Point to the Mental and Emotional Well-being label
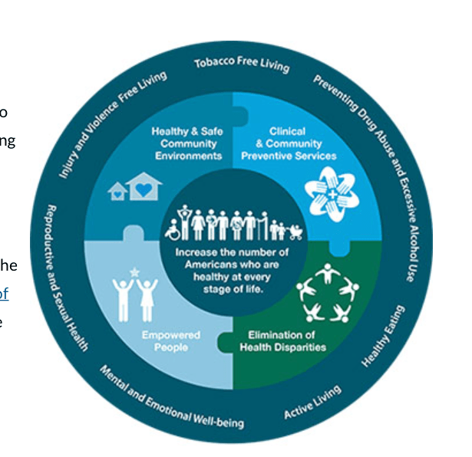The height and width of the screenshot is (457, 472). (171, 396)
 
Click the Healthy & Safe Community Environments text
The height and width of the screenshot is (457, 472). (187, 143)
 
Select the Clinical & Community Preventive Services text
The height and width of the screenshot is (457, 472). (288, 143)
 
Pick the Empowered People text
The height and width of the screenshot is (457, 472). (170, 340)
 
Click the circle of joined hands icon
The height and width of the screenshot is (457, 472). (328, 190)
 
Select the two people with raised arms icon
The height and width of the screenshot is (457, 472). (135, 297)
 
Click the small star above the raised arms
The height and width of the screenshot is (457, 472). (135, 271)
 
